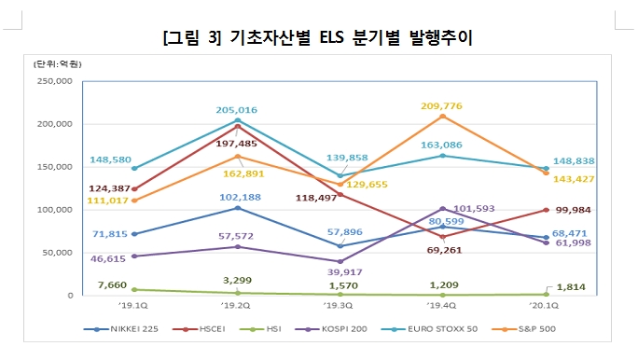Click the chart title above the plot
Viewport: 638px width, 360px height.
317,37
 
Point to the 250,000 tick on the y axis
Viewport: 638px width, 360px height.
53,81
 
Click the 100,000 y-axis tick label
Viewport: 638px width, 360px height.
53,210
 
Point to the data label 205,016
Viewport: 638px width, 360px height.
237,110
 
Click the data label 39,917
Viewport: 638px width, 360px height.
340,272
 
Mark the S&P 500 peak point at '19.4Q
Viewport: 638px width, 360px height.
442,116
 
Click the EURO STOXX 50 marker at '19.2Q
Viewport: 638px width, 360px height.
237,120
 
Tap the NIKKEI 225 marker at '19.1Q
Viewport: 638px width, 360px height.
134,234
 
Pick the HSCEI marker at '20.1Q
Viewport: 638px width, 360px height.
545,210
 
